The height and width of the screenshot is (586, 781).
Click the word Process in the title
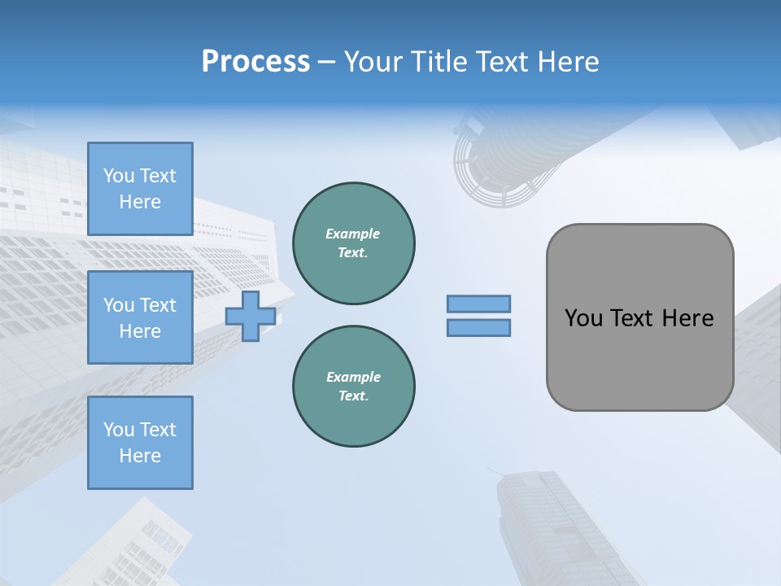pos(255,62)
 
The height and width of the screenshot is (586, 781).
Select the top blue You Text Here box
pos(140,189)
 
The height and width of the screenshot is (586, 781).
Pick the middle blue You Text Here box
pos(140,317)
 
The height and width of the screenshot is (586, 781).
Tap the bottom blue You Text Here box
pos(140,443)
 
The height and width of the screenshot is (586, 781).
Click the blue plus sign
pos(251,316)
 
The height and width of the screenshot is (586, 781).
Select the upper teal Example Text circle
pos(353,243)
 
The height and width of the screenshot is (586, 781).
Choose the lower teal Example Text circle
pos(353,386)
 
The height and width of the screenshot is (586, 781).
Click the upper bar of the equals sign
pos(478,304)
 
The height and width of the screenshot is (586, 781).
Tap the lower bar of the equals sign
pos(478,328)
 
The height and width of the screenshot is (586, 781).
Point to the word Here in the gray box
pos(687,318)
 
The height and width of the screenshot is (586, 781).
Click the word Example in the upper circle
pos(352,234)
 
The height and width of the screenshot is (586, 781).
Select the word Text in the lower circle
pos(352,396)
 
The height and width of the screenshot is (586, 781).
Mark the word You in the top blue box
pos(118,176)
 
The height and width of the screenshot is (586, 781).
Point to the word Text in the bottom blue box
pos(157,430)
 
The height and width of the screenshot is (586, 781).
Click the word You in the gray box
pos(582,318)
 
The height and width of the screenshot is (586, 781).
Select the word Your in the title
pos(374,62)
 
